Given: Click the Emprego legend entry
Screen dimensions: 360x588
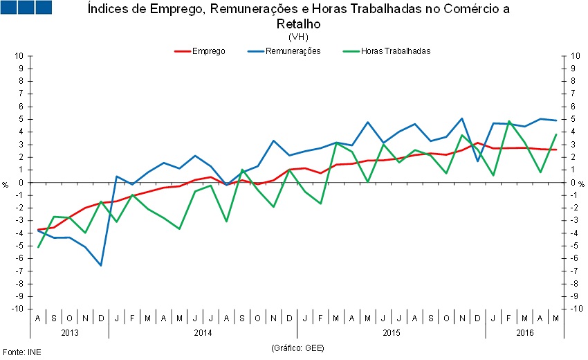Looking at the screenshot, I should click(208, 51).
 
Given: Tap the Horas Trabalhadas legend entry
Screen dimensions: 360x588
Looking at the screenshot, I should click(396, 51).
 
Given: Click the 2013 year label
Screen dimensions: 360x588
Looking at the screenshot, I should click(70, 332).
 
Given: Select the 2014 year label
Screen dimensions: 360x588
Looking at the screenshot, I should click(203, 332).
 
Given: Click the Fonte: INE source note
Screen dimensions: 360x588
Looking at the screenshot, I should click(22, 352).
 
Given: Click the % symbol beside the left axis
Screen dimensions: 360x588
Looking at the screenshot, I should click(6, 184).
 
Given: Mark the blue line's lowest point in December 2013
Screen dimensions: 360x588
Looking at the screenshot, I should click(101, 265).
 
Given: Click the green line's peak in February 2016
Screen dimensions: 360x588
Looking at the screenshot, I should click(509, 121).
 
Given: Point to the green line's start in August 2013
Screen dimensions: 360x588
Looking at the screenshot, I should click(38, 247).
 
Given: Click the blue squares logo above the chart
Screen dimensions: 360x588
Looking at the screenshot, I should click(27, 8).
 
